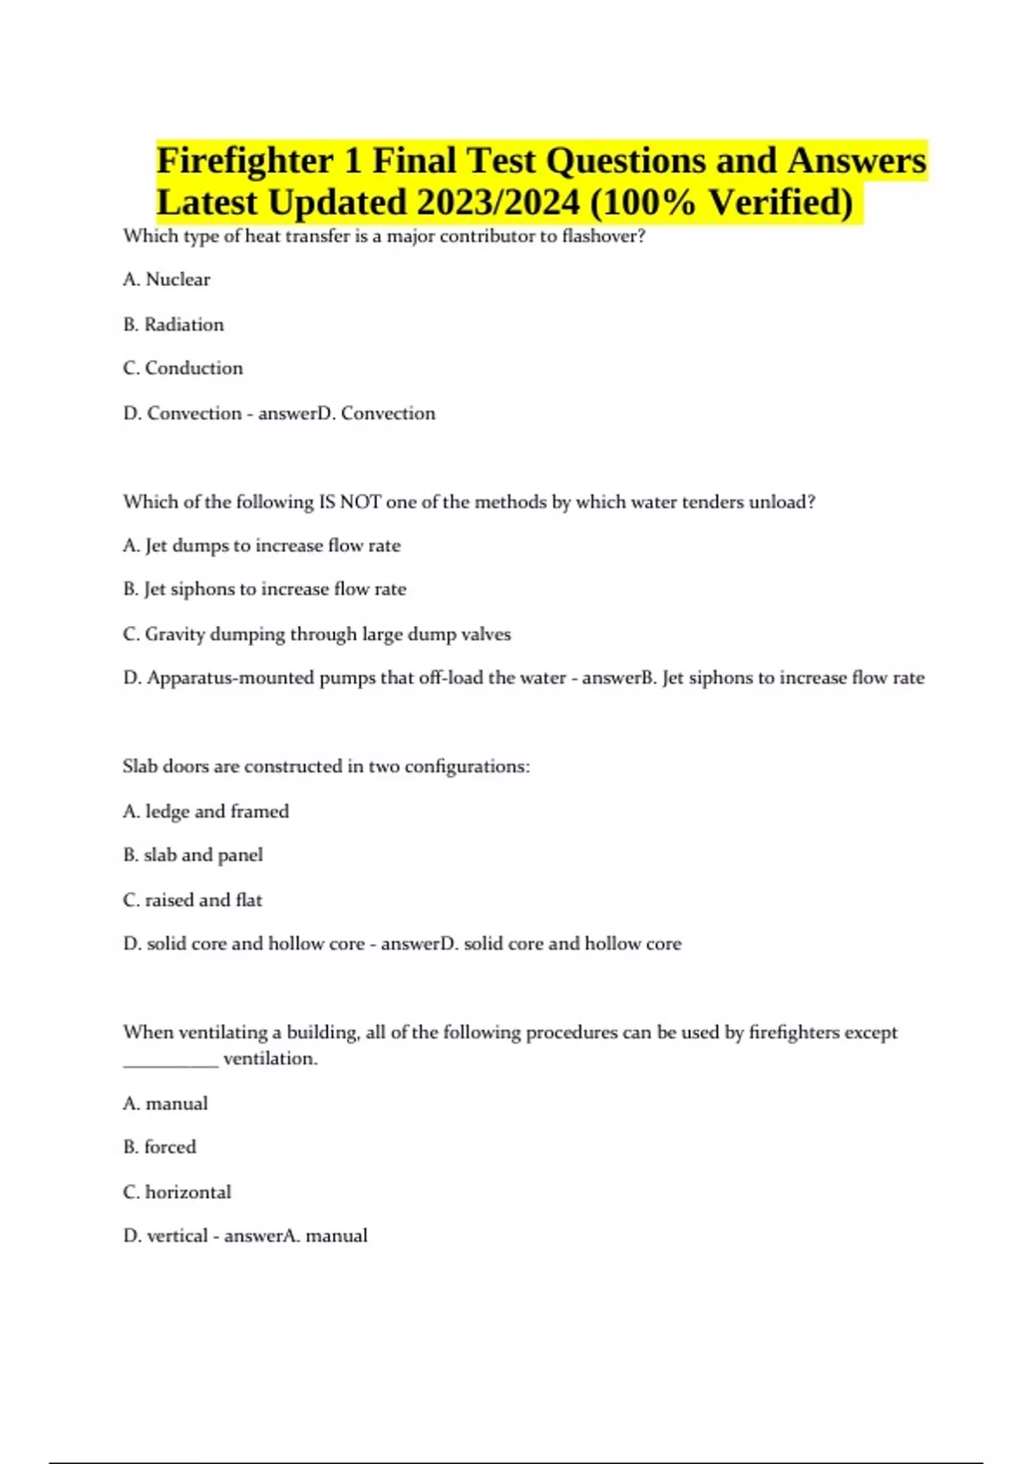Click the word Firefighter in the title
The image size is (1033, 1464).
[245, 161]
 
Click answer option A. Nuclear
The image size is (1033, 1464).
[167, 279]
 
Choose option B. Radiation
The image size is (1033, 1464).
[174, 325]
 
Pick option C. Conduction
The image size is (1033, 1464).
[183, 369]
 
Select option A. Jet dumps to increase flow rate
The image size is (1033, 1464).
[262, 546]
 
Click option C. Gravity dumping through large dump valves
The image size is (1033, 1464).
[317, 635]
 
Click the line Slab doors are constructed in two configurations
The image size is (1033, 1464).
[326, 766]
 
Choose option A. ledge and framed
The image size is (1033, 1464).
[207, 811]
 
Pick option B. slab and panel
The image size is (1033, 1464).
[194, 855]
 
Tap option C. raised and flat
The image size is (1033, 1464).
[193, 900]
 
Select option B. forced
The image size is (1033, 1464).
[160, 1147]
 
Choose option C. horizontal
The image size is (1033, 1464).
[177, 1192]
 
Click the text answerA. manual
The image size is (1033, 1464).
[296, 1236]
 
